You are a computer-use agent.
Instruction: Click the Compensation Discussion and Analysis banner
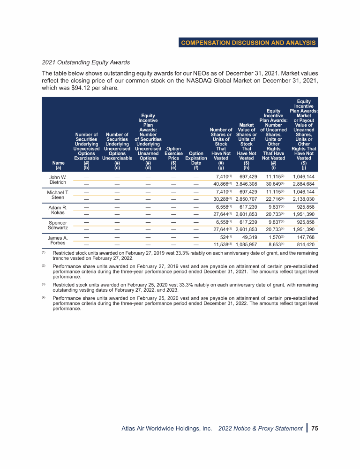point(248,43)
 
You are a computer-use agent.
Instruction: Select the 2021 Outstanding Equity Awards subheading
point(86,62)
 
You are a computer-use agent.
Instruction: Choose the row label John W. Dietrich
point(58,180)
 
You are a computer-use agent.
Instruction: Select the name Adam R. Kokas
point(58,209)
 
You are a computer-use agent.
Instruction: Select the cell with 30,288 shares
point(219,199)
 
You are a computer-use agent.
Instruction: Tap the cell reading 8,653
point(275,244)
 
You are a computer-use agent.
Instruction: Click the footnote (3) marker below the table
point(44,284)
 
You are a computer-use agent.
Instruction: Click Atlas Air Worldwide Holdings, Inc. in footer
point(167,428)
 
